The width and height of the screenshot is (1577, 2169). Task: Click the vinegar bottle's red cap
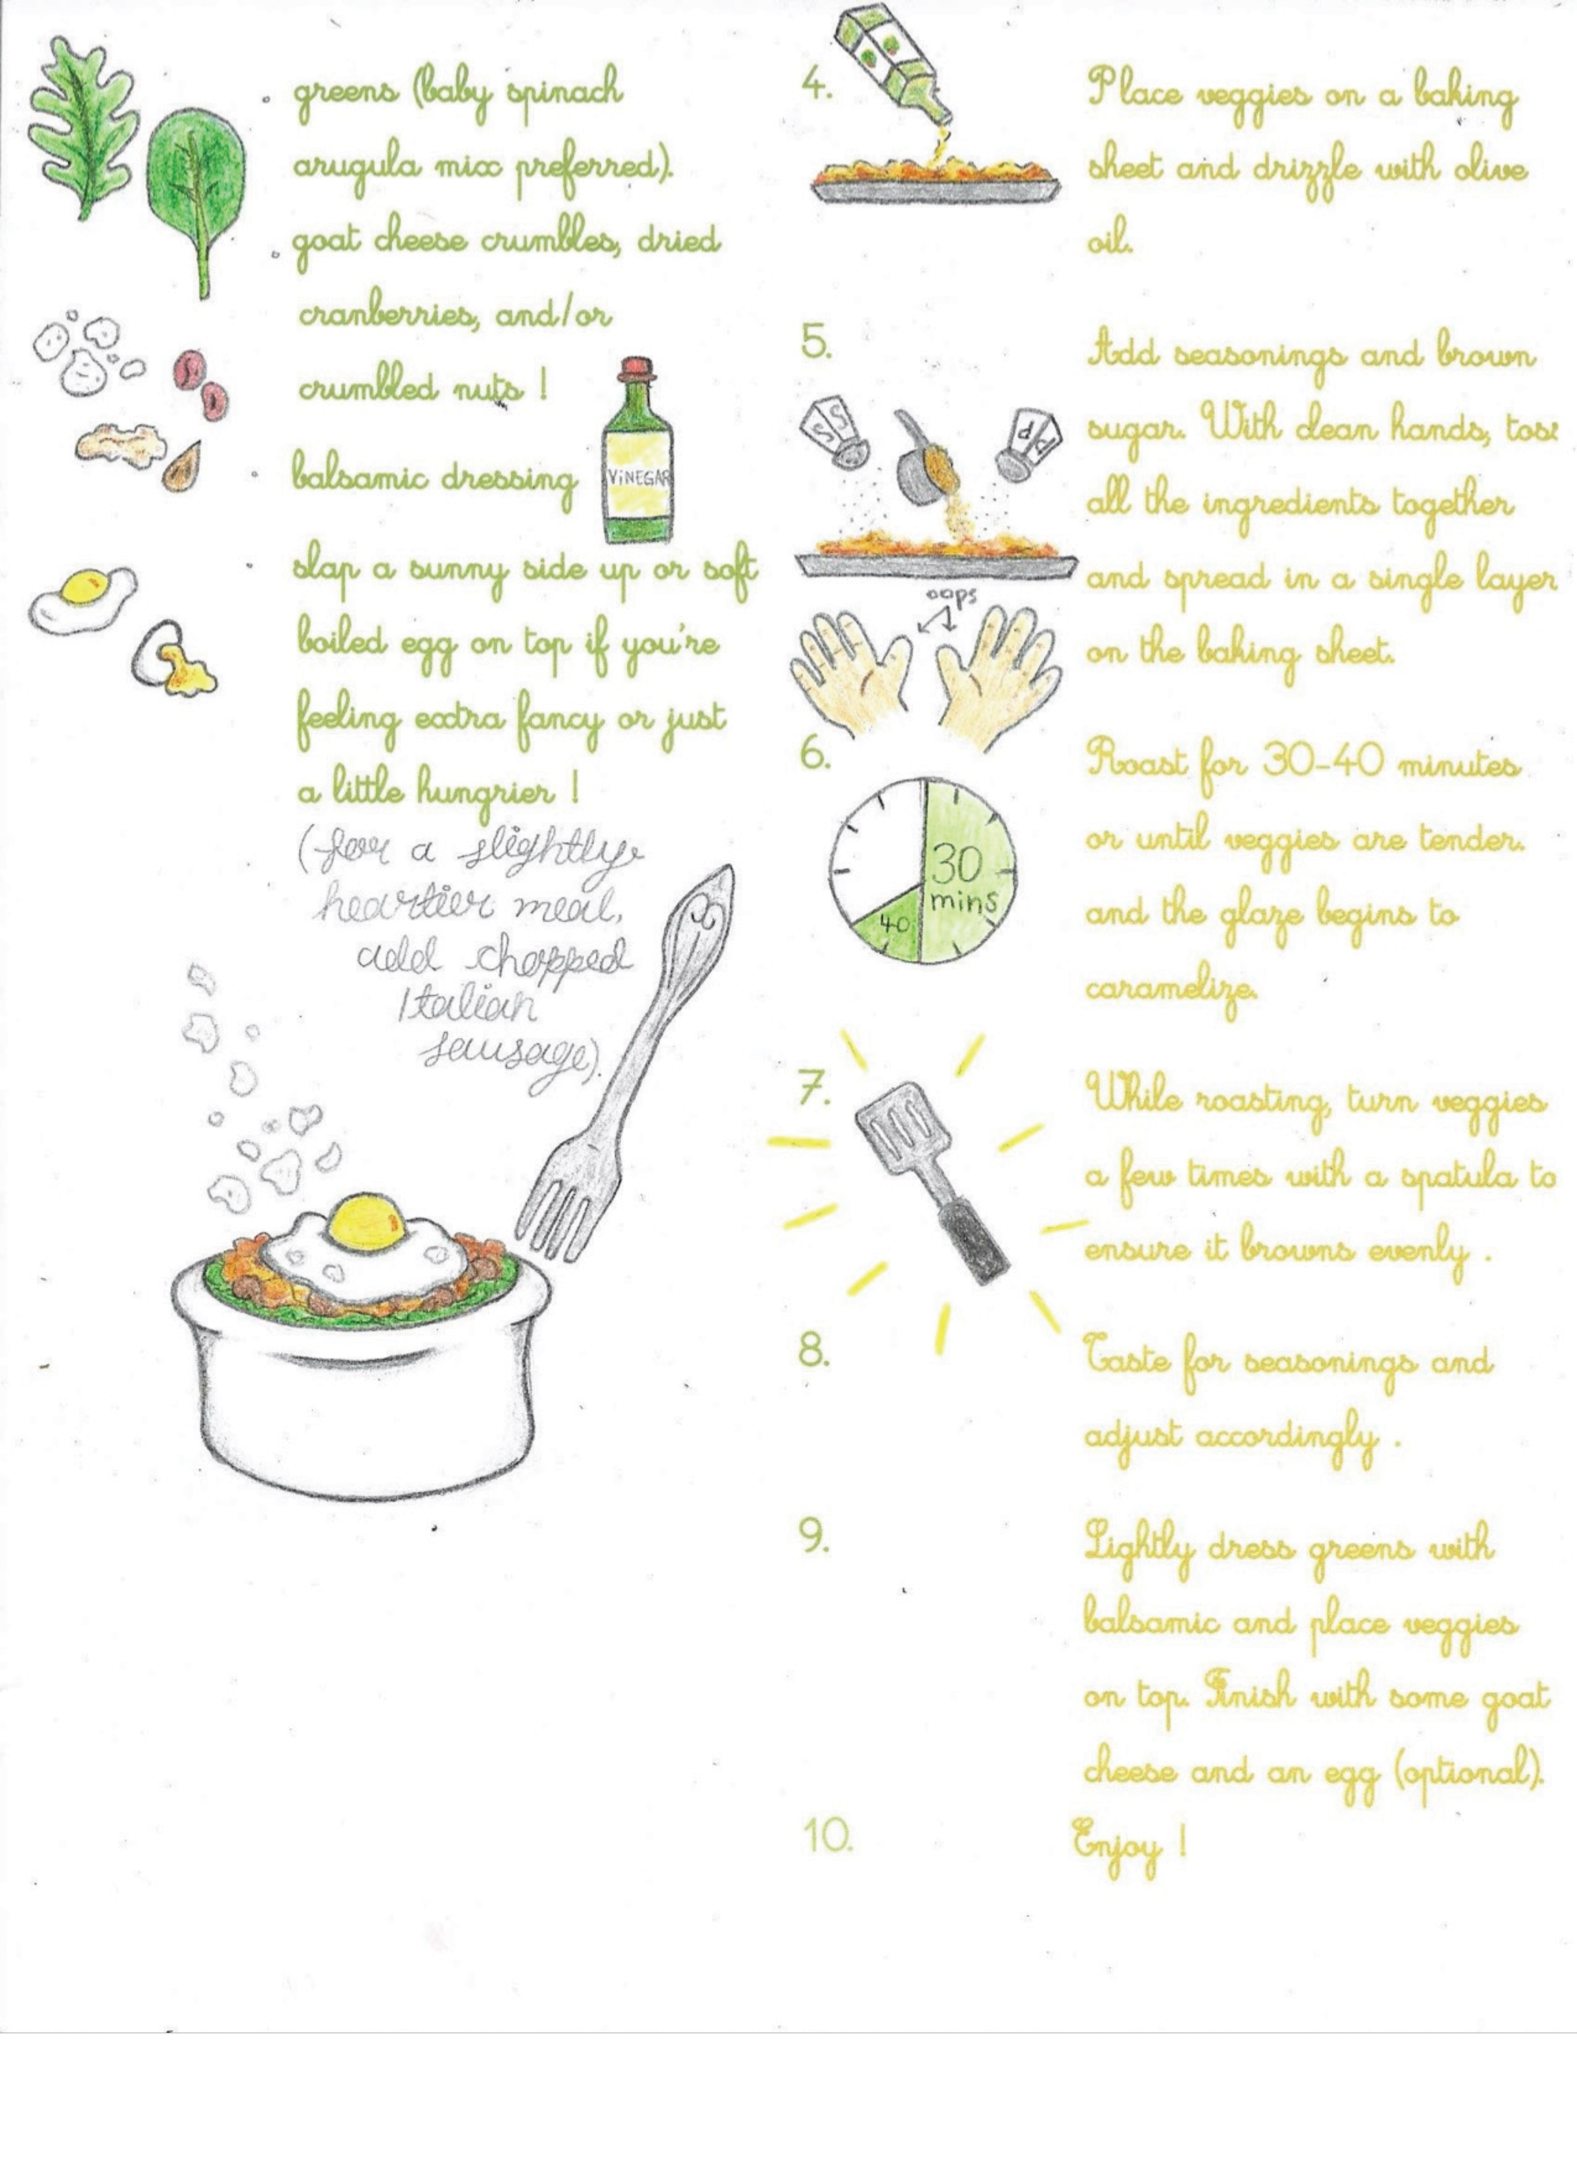click(636, 370)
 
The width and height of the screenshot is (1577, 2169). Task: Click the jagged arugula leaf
click(83, 128)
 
